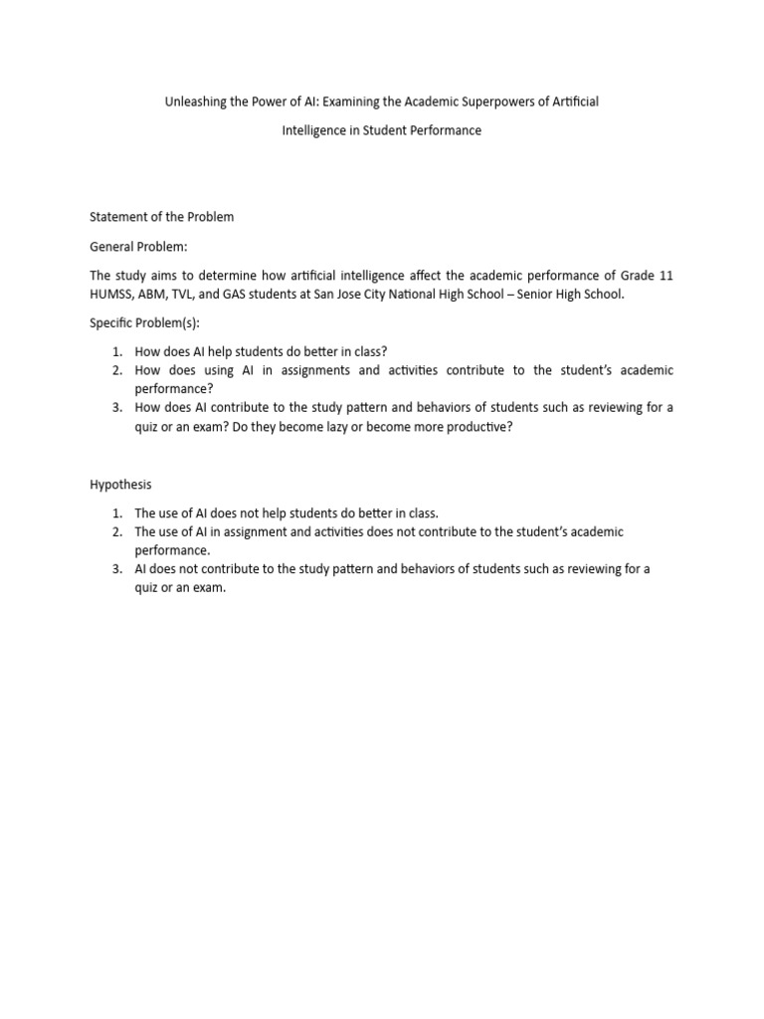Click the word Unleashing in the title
pos(197,102)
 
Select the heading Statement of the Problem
pos(162,216)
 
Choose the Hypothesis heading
pos(121,485)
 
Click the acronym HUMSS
pos(110,295)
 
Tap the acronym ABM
pos(158,295)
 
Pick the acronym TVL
pos(194,295)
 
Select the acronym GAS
pos(247,295)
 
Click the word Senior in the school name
pos(542,295)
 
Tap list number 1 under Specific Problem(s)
pos(115,351)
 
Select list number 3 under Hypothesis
pos(115,569)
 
